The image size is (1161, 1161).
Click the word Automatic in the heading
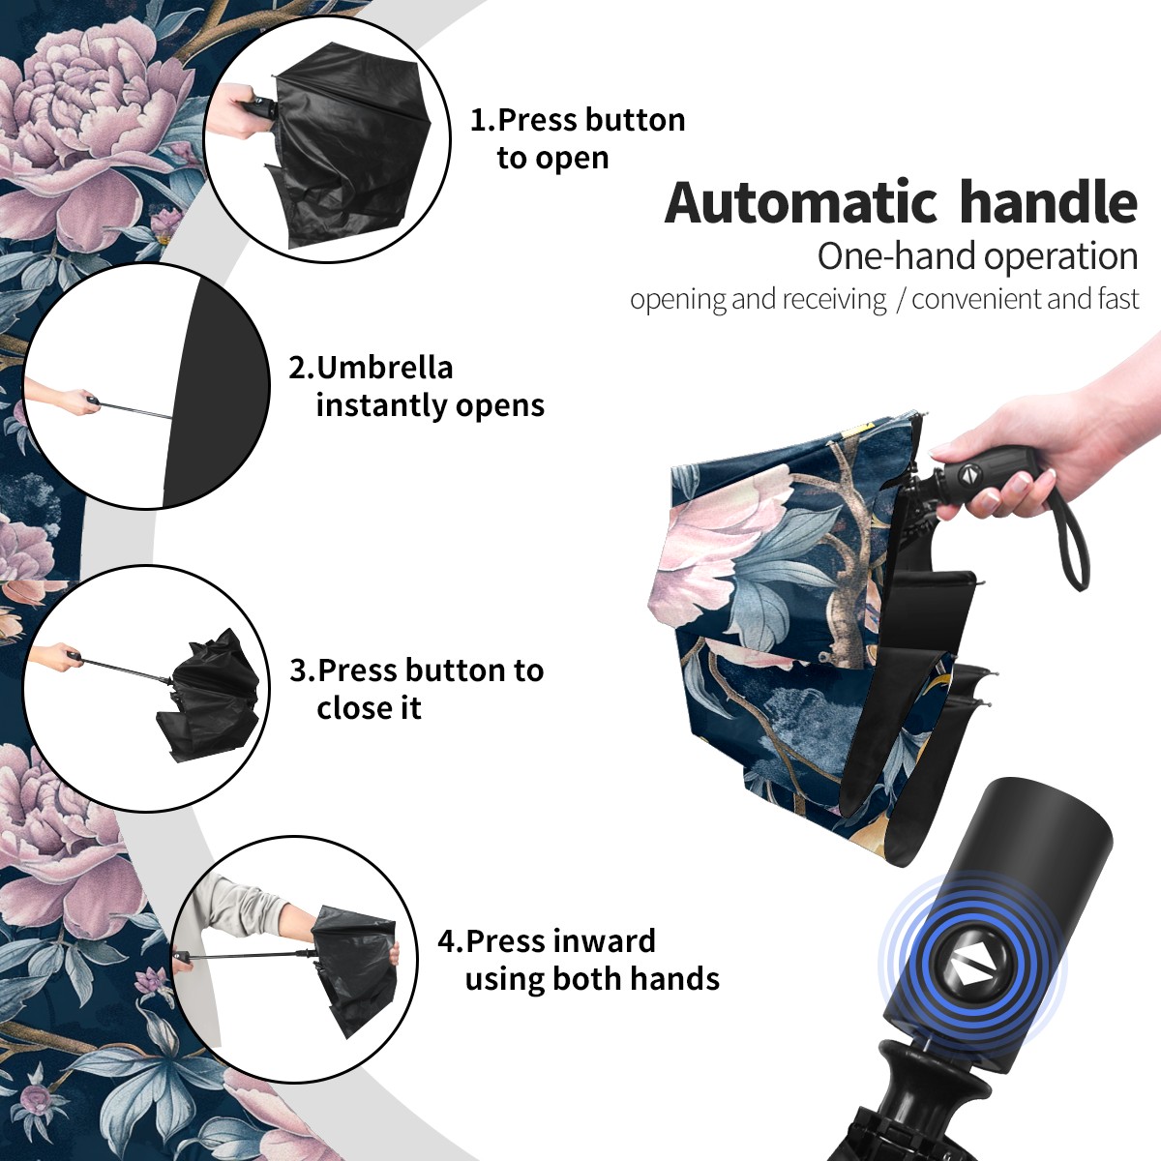coord(801,203)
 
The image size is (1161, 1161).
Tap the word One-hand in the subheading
coord(897,256)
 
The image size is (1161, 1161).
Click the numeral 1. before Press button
coord(483,120)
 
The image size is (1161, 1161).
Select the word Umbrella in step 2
coord(384,368)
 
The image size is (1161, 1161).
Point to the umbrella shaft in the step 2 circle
coord(134,410)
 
